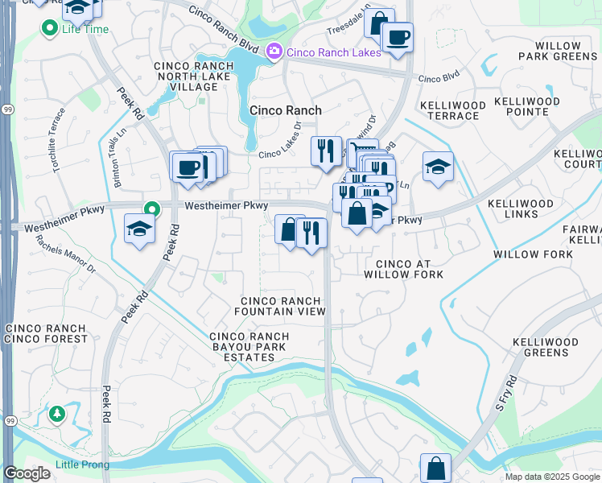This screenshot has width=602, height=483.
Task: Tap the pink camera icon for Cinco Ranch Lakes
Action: tap(274, 52)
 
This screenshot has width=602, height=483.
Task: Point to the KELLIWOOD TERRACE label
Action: tap(451, 111)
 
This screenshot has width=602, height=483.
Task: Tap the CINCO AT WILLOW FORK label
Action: tap(403, 269)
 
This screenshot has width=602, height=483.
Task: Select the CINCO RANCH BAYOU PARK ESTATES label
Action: tap(249, 347)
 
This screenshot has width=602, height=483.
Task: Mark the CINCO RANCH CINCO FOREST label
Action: tap(46, 333)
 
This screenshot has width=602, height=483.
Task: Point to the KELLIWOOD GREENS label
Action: tap(545, 347)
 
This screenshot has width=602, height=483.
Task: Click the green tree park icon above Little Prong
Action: tap(56, 414)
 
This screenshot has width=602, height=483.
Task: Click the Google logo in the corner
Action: tap(27, 473)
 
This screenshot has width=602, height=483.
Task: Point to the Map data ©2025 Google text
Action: tap(551, 477)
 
